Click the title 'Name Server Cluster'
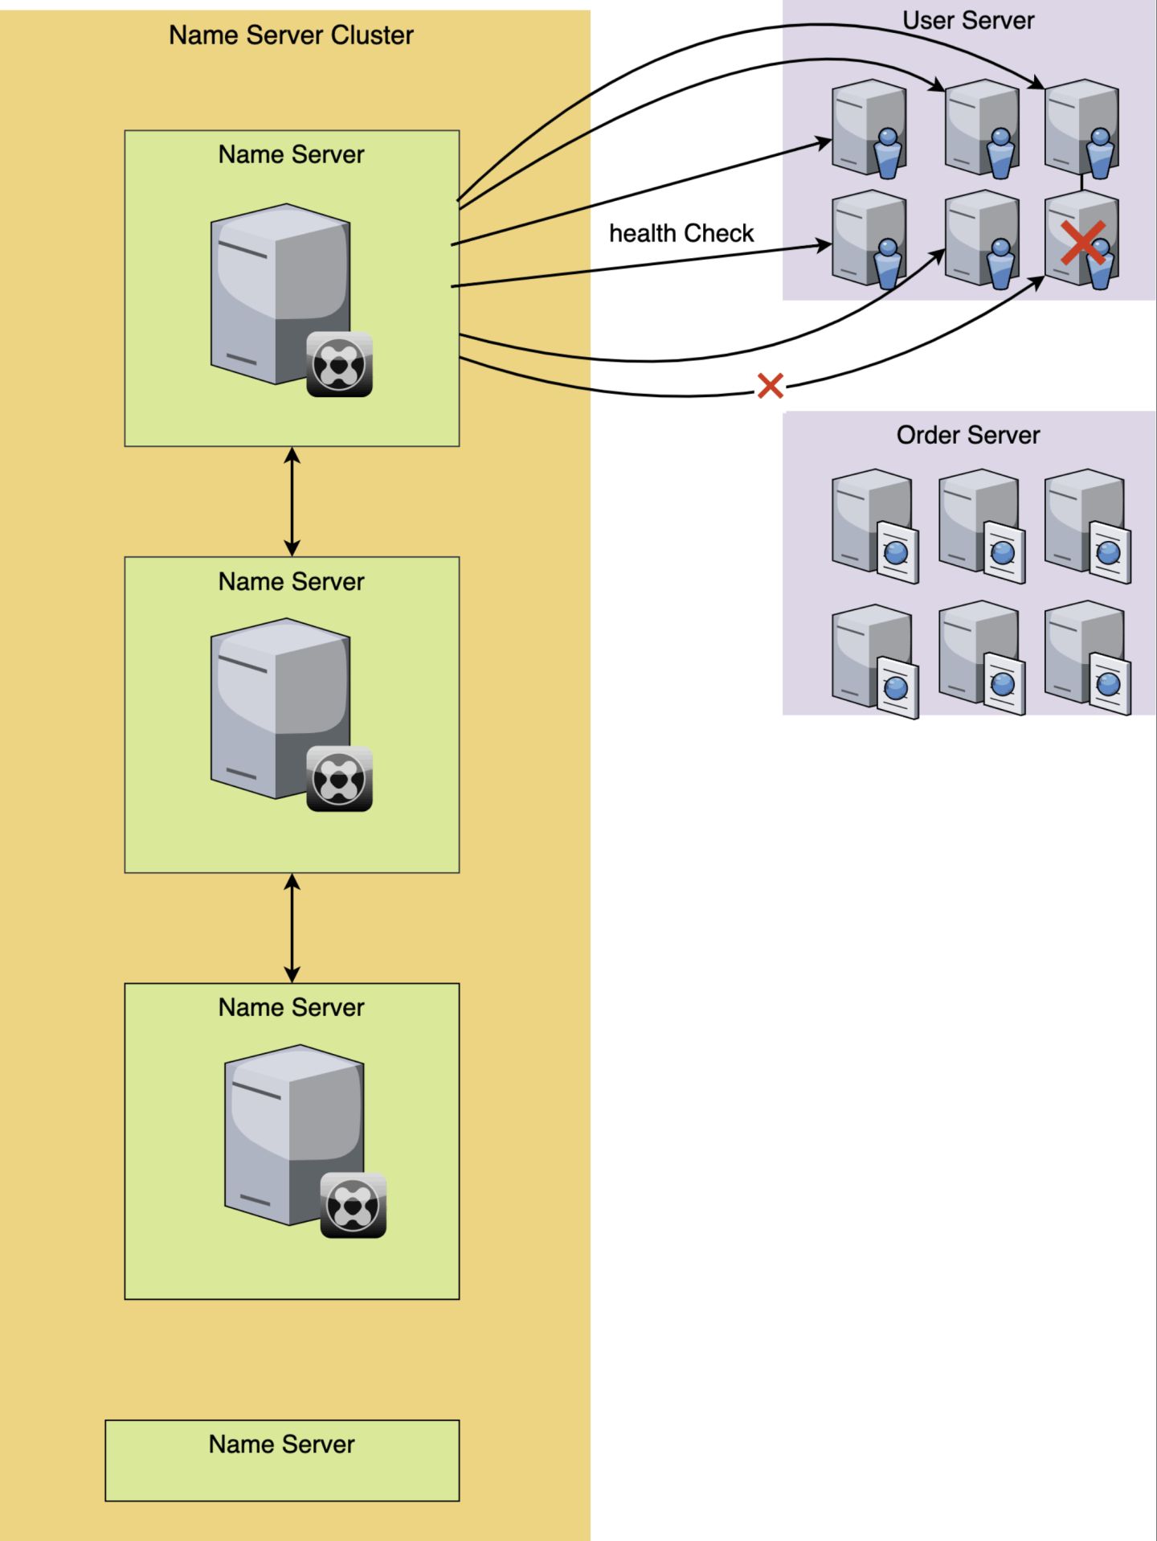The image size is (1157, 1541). (291, 35)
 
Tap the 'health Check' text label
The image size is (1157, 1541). (681, 233)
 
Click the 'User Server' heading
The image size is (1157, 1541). (968, 20)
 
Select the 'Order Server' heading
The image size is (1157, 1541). (968, 435)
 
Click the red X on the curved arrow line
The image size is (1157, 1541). (771, 386)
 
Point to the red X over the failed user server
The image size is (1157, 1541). (1082, 243)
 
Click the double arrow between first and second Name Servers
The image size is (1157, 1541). (292, 502)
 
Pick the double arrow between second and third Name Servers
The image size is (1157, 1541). (292, 928)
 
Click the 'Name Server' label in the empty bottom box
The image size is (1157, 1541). (282, 1445)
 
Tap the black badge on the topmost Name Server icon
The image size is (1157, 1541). (339, 365)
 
